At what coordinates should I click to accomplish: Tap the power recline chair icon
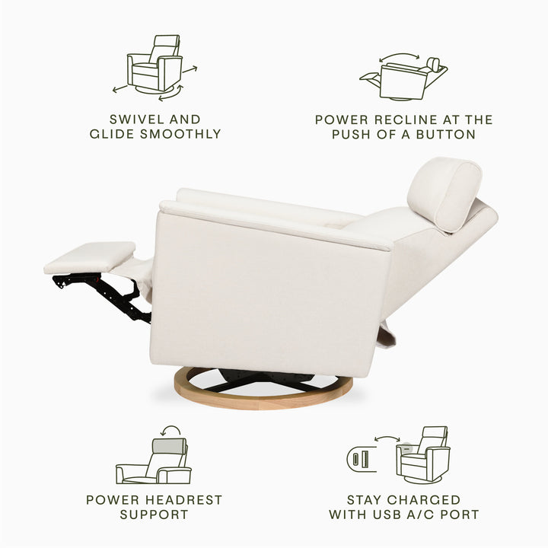pyautogui.click(x=403, y=78)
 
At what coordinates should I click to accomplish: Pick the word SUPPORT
pyautogui.click(x=154, y=515)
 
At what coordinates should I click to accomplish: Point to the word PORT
pyautogui.click(x=461, y=515)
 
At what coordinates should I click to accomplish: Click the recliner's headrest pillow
pyautogui.click(x=444, y=192)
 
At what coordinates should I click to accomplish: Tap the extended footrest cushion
pyautogui.click(x=91, y=257)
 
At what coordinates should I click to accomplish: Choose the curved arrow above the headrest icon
pyautogui.click(x=170, y=432)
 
